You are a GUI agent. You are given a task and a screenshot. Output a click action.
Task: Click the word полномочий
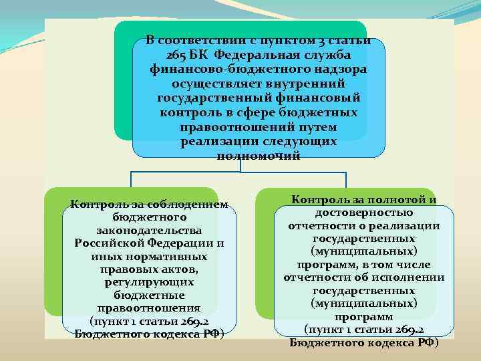point(259,156)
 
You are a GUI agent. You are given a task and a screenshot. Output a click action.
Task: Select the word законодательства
point(150,230)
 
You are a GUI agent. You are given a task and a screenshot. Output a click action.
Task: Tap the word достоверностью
point(364,213)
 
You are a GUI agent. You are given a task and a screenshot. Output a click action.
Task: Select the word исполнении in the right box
point(408,277)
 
